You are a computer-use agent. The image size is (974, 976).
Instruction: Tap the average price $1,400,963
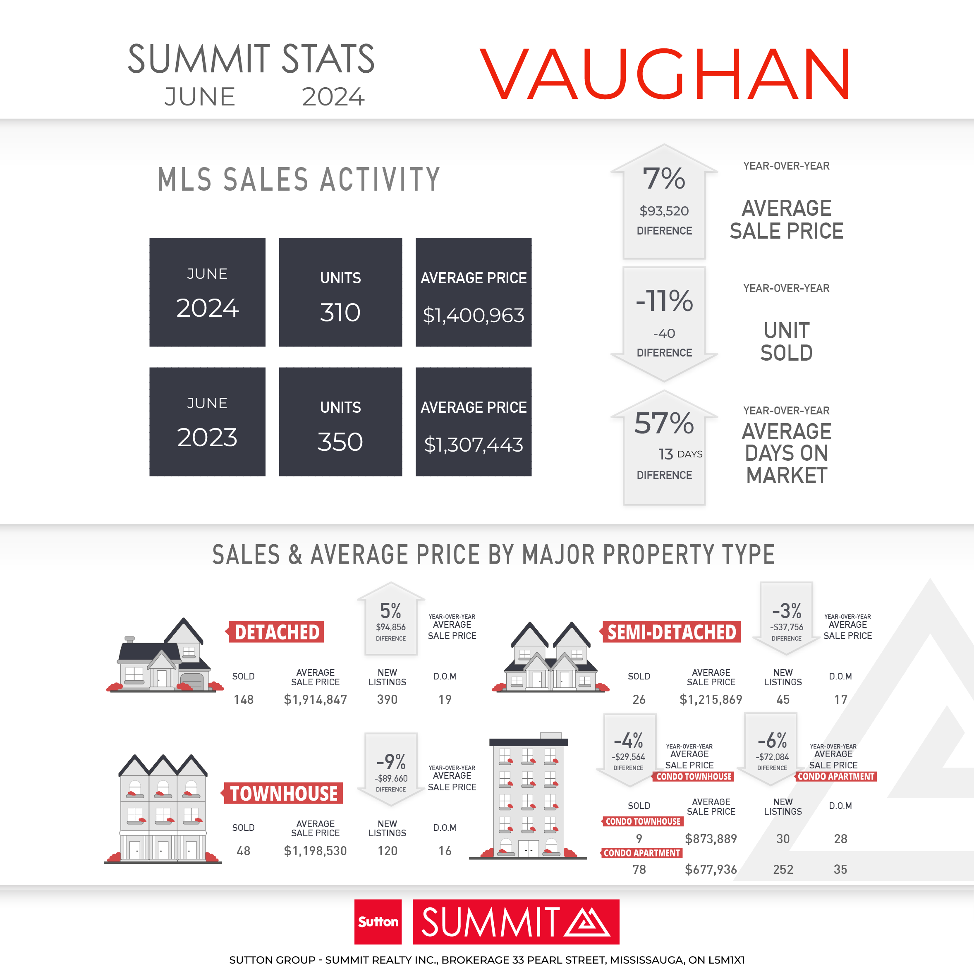click(474, 316)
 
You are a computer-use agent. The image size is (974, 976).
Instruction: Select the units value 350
click(340, 442)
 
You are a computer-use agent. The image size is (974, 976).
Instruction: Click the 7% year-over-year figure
click(664, 179)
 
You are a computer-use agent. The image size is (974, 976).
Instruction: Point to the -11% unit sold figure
click(664, 301)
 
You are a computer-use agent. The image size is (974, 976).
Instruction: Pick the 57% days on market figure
click(664, 423)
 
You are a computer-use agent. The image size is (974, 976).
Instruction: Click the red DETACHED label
click(276, 632)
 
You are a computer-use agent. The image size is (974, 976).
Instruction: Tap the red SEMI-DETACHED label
click(671, 632)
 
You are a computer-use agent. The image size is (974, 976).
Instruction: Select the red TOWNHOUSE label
click(283, 793)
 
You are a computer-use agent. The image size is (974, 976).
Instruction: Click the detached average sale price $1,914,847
click(315, 700)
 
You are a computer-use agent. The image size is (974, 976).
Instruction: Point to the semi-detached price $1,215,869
click(711, 700)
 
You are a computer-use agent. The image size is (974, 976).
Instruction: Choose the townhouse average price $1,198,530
click(315, 851)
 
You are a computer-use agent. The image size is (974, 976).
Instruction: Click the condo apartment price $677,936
click(711, 869)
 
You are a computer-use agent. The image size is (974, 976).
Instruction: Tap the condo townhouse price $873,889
click(711, 839)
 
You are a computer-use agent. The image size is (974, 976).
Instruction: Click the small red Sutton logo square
click(378, 922)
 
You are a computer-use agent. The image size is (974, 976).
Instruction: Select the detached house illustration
click(165, 655)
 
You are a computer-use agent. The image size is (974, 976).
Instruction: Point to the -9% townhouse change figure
click(391, 762)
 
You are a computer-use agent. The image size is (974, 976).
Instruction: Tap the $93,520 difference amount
click(664, 211)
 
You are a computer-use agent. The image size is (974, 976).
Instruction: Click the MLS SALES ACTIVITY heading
click(299, 179)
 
